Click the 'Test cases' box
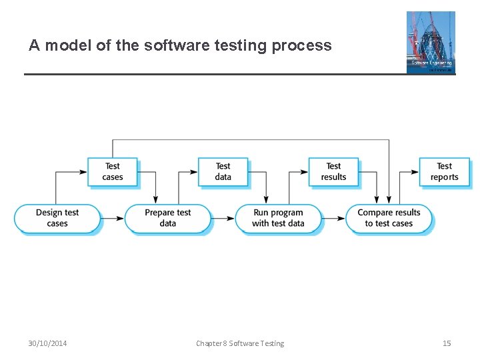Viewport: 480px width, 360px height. (112, 171)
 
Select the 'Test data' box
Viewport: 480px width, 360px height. (223, 171)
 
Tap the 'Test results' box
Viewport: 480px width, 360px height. (333, 171)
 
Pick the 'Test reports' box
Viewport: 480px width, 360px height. (444, 171)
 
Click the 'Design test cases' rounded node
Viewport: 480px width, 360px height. (57, 218)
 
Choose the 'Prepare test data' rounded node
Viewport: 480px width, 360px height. (167, 218)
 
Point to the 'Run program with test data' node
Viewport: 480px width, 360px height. (278, 218)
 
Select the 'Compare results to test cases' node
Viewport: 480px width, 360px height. (389, 218)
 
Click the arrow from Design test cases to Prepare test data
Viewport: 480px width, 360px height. (113, 218)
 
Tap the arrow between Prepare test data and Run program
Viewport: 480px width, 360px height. (223, 218)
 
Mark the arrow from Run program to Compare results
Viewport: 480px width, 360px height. (333, 218)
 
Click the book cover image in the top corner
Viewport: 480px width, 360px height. (431, 41)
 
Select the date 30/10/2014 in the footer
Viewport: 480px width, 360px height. (47, 343)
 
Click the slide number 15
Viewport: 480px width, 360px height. (447, 343)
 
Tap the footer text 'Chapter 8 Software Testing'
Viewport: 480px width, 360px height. (240, 343)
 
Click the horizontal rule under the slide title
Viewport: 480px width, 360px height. (213, 74)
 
